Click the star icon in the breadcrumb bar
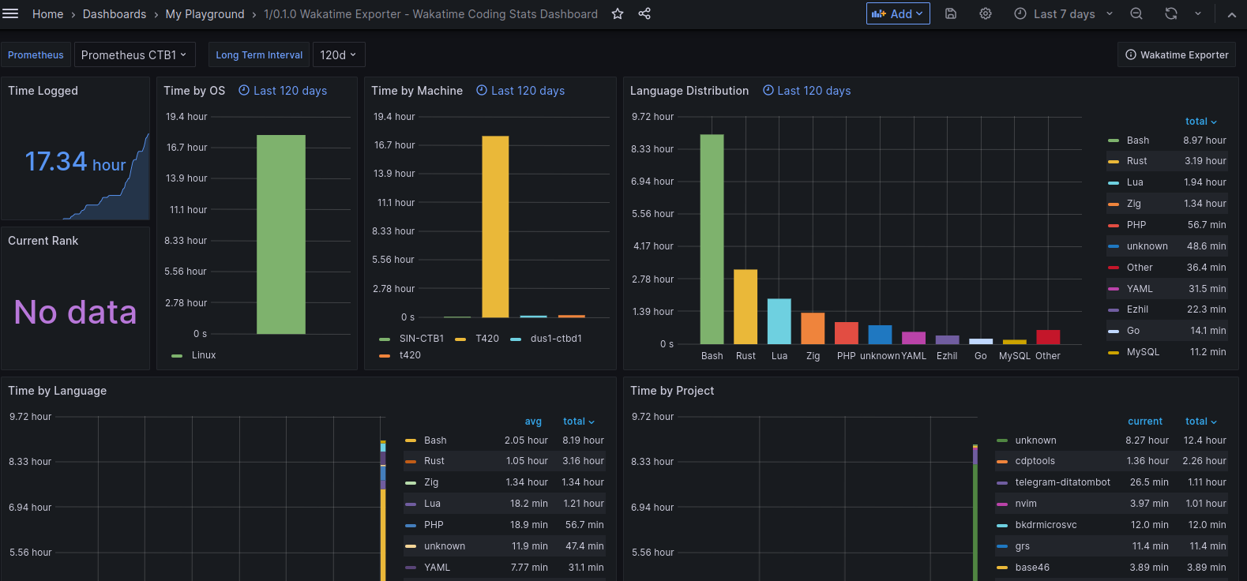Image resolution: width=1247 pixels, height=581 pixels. pyautogui.click(x=618, y=14)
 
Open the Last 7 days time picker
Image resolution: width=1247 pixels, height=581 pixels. pyautogui.click(x=1063, y=14)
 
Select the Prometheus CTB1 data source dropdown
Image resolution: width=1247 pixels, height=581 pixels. pyautogui.click(x=134, y=54)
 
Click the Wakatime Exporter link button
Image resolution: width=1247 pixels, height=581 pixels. pyautogui.click(x=1176, y=54)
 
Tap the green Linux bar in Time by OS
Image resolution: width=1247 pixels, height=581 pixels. pyautogui.click(x=281, y=234)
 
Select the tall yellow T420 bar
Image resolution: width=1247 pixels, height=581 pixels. pyautogui.click(x=495, y=227)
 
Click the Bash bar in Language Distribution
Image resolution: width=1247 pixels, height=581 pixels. pyautogui.click(x=712, y=239)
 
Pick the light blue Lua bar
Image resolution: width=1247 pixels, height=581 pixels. pyautogui.click(x=779, y=321)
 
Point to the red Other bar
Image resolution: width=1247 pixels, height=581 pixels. pyautogui.click(x=1048, y=337)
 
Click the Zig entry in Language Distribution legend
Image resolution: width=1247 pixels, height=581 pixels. pyautogui.click(x=1133, y=204)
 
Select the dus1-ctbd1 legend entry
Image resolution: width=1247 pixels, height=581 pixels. pyautogui.click(x=556, y=339)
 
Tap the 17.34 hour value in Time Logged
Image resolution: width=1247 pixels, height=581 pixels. pyautogui.click(x=75, y=162)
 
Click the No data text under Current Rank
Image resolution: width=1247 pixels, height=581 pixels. pyautogui.click(x=75, y=312)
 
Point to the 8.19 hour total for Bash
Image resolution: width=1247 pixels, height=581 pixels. pyautogui.click(x=583, y=440)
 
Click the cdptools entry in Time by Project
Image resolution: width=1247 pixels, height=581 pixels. pyautogui.click(x=1035, y=461)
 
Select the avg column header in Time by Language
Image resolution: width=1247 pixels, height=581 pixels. pyautogui.click(x=533, y=422)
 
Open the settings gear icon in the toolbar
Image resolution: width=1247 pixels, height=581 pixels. pyautogui.click(x=986, y=14)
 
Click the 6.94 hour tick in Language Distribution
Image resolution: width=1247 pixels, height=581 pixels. pyautogui.click(x=652, y=182)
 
